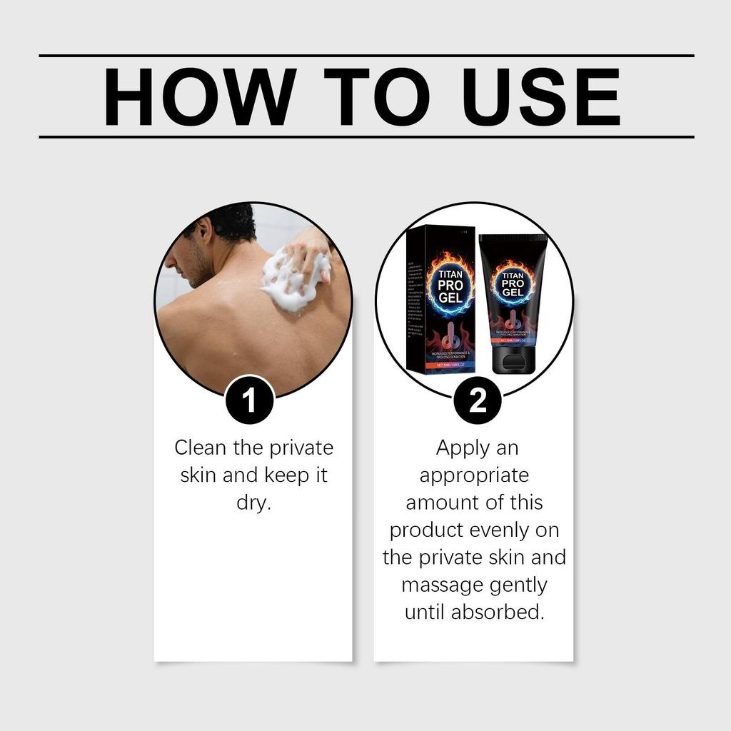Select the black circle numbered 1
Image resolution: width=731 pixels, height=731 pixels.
coord(249,400)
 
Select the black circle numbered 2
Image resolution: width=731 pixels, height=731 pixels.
coord(477,400)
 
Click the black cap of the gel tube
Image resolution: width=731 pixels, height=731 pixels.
coord(513,361)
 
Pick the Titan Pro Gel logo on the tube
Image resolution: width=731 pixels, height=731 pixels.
coord(513,285)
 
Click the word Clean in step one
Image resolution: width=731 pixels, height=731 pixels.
coord(201,448)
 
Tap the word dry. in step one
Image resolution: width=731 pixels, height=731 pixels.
coord(253,503)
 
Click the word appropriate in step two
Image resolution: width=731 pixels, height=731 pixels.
coord(474,475)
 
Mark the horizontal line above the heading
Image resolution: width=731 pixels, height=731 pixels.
coord(365,55)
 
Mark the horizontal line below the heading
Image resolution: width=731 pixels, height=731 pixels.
coord(365,136)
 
